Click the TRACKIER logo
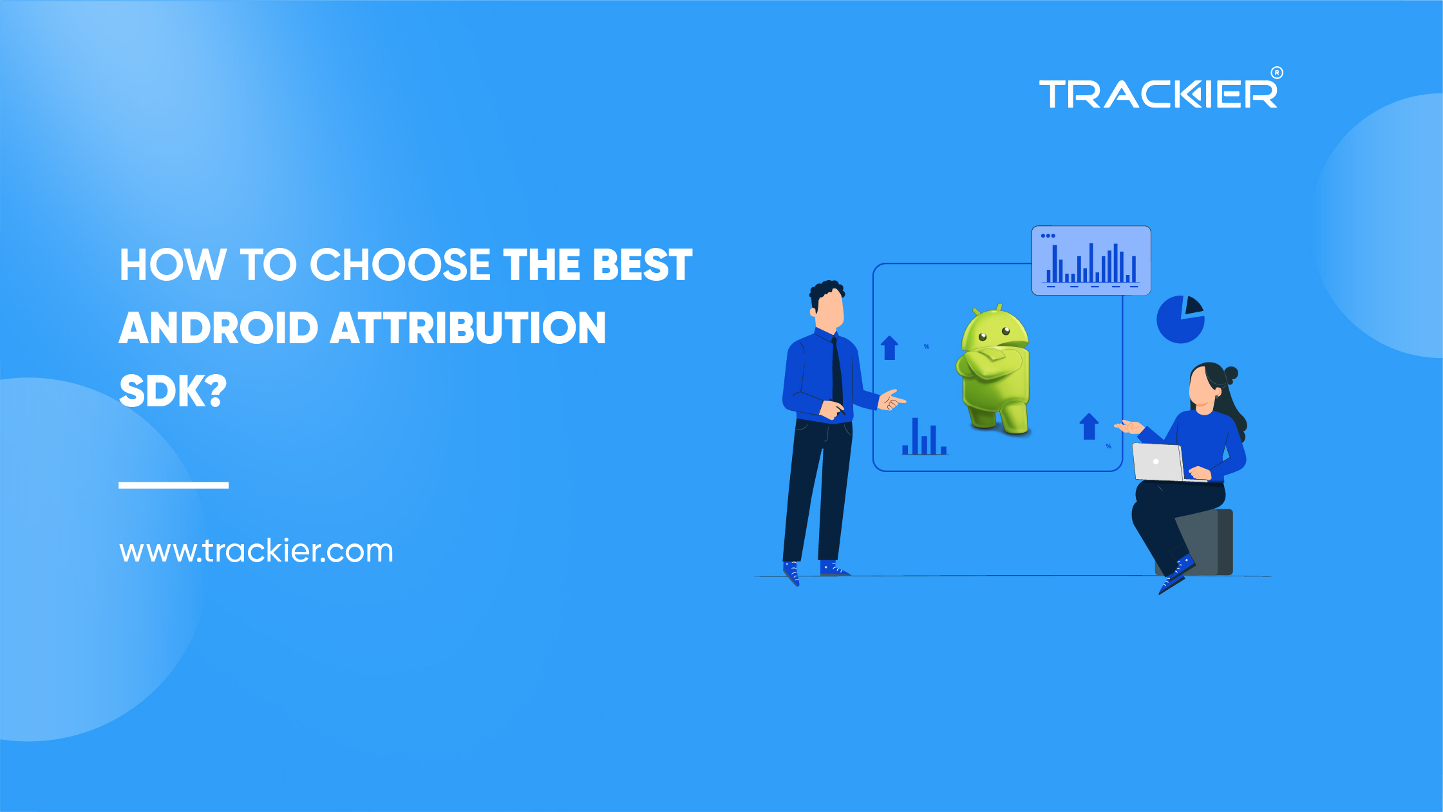[1158, 94]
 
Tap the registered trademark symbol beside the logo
[1276, 73]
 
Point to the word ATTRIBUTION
[468, 328]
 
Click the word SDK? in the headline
[173, 391]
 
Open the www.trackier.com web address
[256, 551]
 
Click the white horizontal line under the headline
[173, 485]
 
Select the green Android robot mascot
[994, 370]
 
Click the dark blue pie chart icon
[1180, 319]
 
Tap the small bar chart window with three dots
[1091, 261]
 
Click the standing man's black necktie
[836, 373]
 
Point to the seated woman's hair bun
[1231, 373]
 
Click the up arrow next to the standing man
[889, 348]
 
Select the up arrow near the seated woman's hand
[1088, 426]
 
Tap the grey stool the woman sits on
[1211, 541]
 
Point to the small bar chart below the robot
[924, 438]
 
